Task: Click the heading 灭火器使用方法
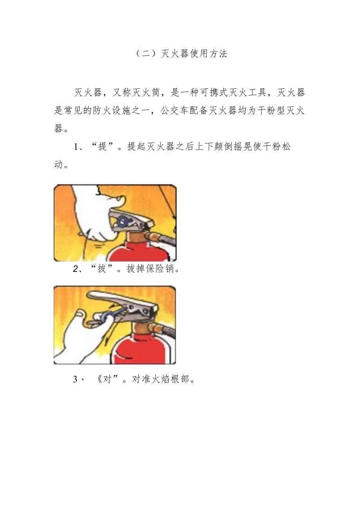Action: [194, 54]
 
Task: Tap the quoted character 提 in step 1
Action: [103, 147]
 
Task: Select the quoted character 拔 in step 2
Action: [102, 269]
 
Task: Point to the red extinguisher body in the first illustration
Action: [133, 252]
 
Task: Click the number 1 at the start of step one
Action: [76, 147]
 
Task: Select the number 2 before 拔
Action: [76, 270]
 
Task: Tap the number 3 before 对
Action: [76, 380]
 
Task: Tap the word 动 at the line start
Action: [59, 165]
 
